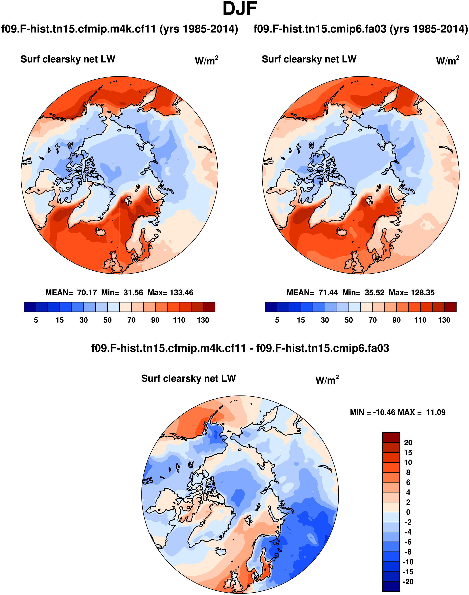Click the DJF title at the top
pos(239,9)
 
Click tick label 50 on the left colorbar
pos(107,320)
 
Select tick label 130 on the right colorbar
pos(444,320)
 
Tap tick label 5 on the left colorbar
pos(36,320)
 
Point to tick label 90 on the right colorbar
pos(396,320)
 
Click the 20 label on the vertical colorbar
pos(408,443)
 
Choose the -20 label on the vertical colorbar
pos(408,582)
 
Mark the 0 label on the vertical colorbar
pos(408,512)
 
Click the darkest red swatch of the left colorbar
pos(209,307)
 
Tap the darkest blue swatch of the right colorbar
pos(271,307)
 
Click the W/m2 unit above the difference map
pos(327,380)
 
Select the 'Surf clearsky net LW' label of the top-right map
pos(309,59)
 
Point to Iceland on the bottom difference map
pos(221,551)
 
